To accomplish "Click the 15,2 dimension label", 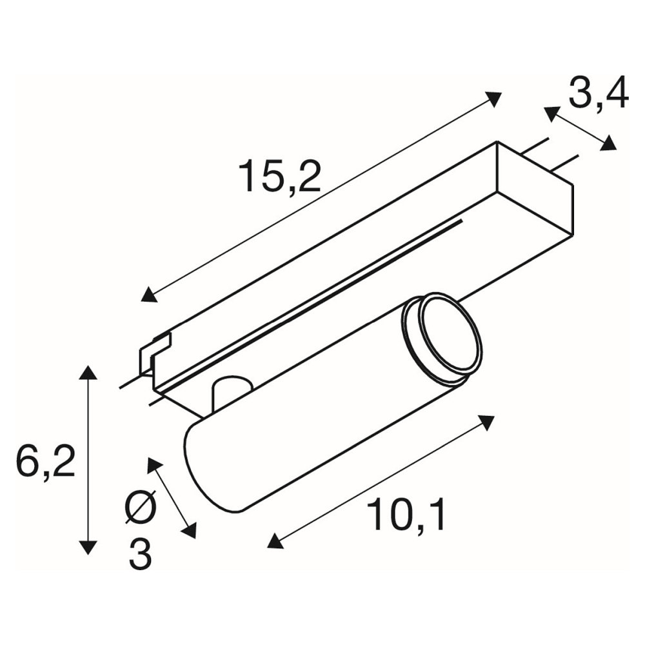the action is [280, 177].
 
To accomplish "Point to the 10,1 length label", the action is [406, 514].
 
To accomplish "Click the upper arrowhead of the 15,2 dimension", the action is [493, 100].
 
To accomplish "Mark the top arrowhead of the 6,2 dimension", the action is [88, 373].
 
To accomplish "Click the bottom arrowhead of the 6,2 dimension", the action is [88, 547].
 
